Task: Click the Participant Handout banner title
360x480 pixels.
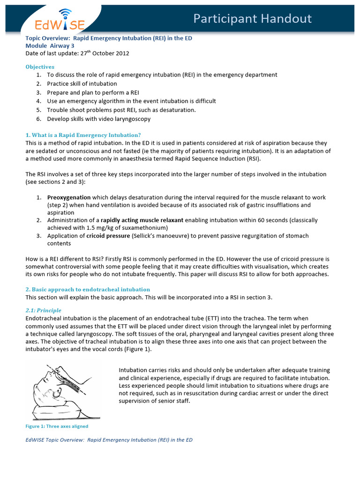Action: point(253,18)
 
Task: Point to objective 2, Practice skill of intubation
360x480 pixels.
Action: point(82,83)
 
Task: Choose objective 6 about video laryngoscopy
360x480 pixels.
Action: point(99,119)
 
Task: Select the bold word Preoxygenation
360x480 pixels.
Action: point(69,197)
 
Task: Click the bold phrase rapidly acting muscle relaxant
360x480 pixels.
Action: point(142,220)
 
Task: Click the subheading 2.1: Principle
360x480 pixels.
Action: point(43,310)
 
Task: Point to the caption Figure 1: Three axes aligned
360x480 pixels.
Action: point(57,426)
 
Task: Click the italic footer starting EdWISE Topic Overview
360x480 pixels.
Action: point(109,440)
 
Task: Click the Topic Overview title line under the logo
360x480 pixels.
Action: point(109,38)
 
